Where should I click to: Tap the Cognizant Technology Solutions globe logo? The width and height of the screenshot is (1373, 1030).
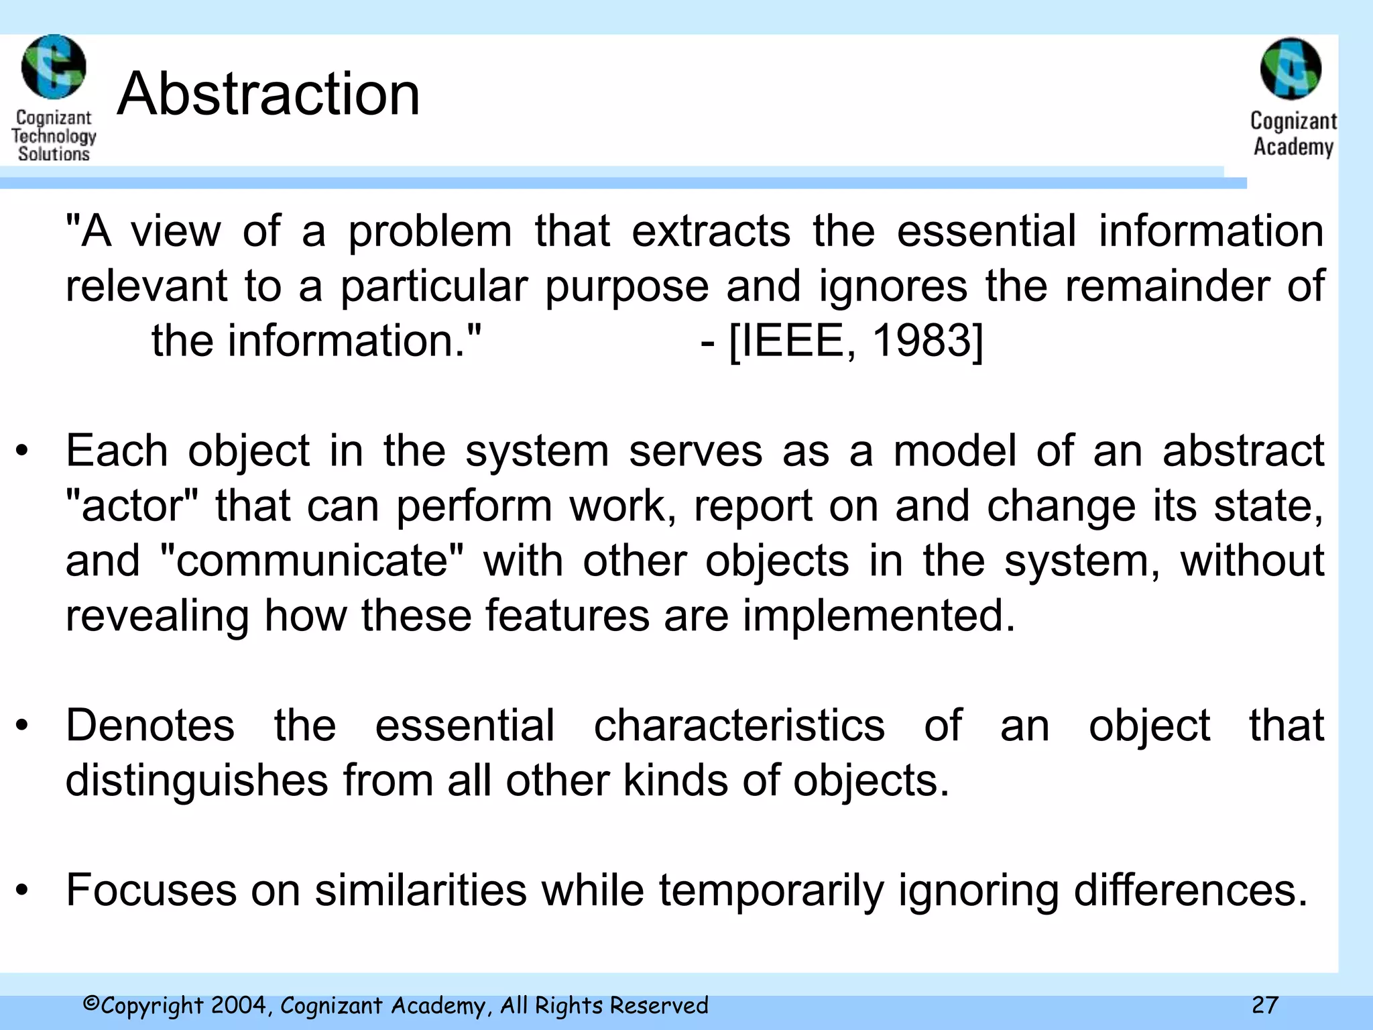coord(54,67)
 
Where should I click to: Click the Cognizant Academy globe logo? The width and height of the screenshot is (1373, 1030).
coord(1291,68)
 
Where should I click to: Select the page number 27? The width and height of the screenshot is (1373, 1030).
coord(1264,1005)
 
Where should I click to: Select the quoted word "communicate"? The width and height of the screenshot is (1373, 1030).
coord(312,561)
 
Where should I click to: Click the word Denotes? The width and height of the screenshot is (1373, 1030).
coord(150,726)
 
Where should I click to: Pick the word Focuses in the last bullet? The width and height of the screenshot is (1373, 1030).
coord(152,891)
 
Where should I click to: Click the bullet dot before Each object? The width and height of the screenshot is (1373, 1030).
coord(23,452)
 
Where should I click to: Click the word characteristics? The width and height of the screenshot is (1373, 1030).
coord(739,726)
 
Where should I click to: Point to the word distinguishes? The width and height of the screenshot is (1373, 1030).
coord(197,781)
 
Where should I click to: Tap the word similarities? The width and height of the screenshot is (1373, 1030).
coord(421,891)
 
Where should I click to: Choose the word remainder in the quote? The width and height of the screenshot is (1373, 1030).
coord(1168,286)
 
